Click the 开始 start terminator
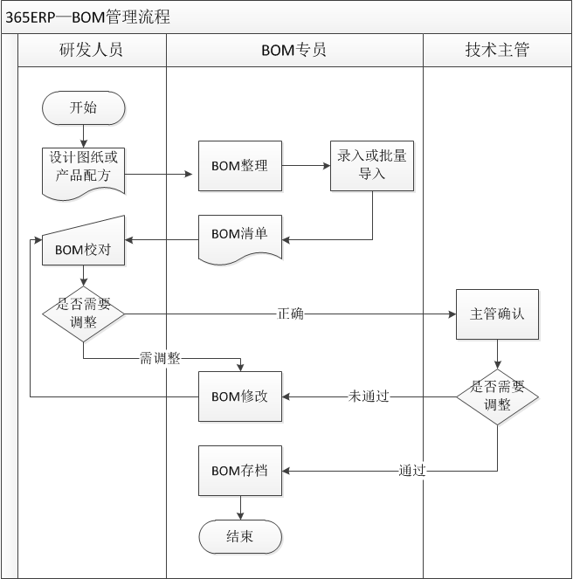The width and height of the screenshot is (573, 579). [83, 107]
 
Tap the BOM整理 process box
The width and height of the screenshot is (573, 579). [239, 166]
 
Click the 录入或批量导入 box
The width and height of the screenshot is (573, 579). [372, 166]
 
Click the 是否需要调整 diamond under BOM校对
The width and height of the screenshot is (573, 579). [83, 313]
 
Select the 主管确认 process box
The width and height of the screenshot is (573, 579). [497, 314]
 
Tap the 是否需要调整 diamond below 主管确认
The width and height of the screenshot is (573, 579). [497, 396]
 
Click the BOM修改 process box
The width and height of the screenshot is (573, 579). [239, 396]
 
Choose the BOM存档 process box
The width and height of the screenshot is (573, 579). [239, 471]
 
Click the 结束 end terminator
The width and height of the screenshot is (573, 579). [239, 536]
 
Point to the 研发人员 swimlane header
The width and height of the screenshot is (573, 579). [92, 50]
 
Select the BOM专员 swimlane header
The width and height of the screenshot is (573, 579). [294, 50]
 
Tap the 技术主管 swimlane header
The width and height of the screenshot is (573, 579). [497, 50]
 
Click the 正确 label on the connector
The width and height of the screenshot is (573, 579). [291, 314]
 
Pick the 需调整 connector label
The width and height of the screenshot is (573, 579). [160, 357]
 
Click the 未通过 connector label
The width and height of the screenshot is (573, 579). [369, 396]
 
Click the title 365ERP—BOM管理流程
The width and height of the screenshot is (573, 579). [87, 17]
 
